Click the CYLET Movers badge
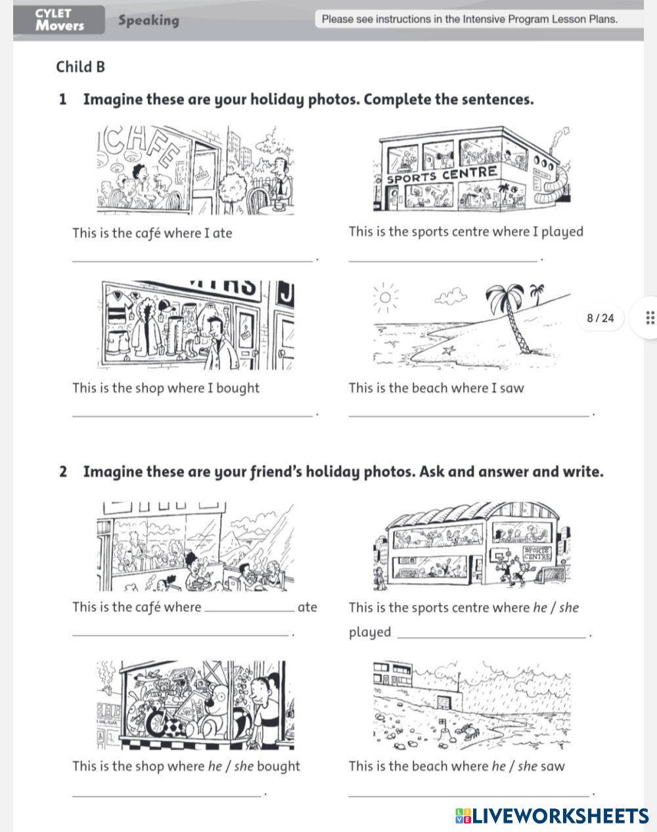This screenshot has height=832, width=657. pyautogui.click(x=60, y=20)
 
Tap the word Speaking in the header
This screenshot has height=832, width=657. pyautogui.click(x=148, y=20)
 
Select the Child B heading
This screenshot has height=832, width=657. pyautogui.click(x=81, y=67)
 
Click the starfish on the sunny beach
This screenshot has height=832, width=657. pyautogui.click(x=449, y=351)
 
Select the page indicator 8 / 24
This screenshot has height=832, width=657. pyautogui.click(x=600, y=318)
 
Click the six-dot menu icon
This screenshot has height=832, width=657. pyautogui.click(x=650, y=318)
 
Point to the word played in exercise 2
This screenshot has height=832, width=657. pyautogui.click(x=370, y=632)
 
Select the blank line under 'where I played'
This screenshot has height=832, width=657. pyautogui.click(x=442, y=261)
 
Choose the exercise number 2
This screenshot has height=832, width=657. pyautogui.click(x=63, y=472)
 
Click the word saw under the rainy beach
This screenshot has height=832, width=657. pyautogui.click(x=553, y=766)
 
